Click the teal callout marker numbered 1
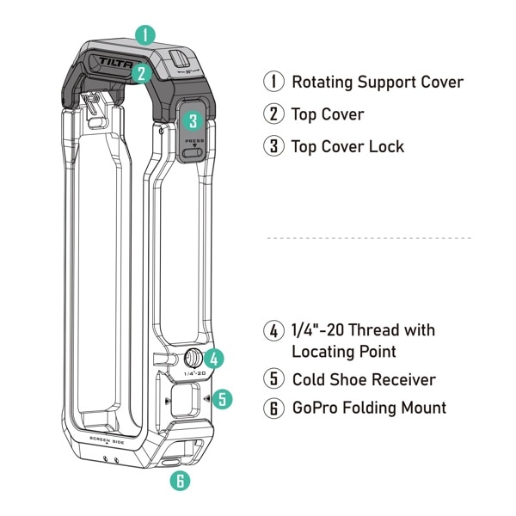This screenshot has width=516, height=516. [145, 35]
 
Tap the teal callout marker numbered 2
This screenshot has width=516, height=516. [140, 73]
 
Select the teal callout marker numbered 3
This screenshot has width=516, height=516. [193, 121]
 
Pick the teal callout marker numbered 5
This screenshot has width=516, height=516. [222, 399]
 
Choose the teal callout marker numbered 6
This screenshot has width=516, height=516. [180, 481]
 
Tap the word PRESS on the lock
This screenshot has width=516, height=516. [194, 139]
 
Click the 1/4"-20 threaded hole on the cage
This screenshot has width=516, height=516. [192, 360]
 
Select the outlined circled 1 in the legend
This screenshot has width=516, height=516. [273, 82]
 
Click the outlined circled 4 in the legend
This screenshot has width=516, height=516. [273, 330]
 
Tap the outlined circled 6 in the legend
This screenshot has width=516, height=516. [273, 408]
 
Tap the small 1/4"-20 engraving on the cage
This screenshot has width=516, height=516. [194, 374]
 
